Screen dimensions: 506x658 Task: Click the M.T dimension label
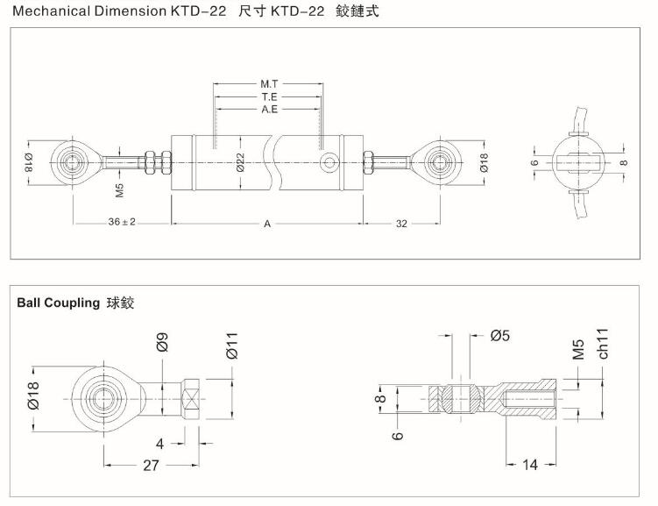(x=269, y=84)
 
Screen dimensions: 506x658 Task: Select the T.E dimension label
(x=269, y=96)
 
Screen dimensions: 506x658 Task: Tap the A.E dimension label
(x=269, y=110)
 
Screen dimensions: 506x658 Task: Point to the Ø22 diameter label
(x=240, y=162)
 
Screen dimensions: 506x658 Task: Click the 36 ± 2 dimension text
(x=123, y=223)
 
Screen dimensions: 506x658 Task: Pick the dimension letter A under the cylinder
(x=267, y=224)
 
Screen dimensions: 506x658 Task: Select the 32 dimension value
(x=401, y=224)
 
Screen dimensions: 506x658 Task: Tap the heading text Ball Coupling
(x=59, y=303)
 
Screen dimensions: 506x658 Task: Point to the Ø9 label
(x=162, y=344)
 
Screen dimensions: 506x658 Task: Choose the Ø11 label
(x=232, y=345)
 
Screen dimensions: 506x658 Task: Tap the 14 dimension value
(x=530, y=465)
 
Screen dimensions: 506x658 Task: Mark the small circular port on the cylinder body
(x=330, y=161)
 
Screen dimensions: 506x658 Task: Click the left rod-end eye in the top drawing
(x=69, y=161)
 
